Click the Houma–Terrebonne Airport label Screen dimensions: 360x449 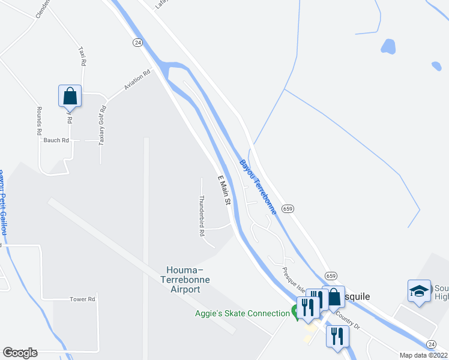[x=180, y=280]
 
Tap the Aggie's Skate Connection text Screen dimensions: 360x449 [x=242, y=313]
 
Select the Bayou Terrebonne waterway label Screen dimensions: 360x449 [x=258, y=187]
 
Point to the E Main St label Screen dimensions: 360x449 [x=223, y=190]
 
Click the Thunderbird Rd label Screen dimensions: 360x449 [x=202, y=214]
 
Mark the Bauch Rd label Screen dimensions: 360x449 [x=56, y=140]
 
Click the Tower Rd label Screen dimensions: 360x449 [x=83, y=299]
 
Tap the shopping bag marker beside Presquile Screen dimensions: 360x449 [x=333, y=297]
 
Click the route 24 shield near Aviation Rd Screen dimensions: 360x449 [x=137, y=42]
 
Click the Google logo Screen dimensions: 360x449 [x=20, y=353]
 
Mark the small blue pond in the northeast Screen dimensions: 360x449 [x=388, y=46]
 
